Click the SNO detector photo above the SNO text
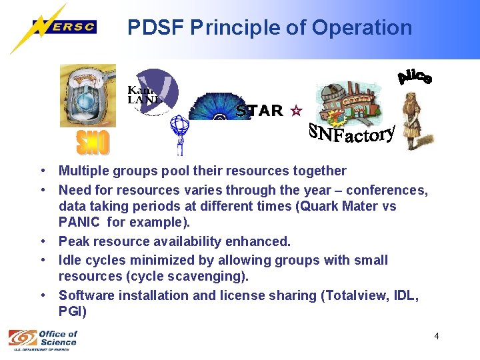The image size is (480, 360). point(87,95)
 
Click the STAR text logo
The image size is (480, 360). point(259,111)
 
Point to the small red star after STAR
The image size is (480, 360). point(296,111)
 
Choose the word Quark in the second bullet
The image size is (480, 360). point(317,206)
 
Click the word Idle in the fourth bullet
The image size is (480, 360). point(70,260)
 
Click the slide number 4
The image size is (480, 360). point(437,336)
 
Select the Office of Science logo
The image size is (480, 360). point(43,338)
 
